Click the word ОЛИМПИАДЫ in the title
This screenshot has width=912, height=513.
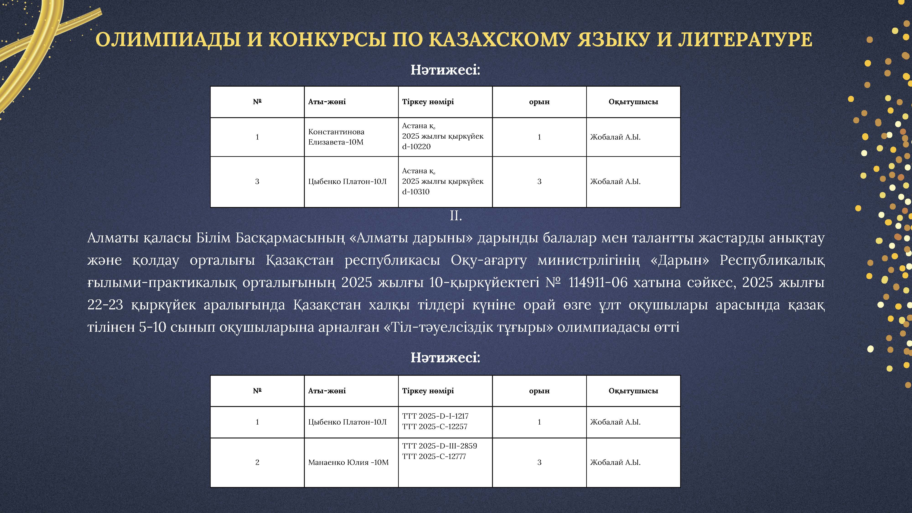168,40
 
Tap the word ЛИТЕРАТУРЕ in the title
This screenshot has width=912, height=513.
745,40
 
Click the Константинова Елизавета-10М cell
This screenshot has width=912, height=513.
336,137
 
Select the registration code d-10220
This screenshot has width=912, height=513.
416,147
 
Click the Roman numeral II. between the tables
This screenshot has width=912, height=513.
456,216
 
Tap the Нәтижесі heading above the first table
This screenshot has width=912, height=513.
445,70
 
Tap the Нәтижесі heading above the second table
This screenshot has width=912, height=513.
445,358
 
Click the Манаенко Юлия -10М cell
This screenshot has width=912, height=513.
348,462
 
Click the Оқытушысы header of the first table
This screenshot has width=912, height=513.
633,102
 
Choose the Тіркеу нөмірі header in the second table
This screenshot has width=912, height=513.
428,391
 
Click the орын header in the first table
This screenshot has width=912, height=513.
539,102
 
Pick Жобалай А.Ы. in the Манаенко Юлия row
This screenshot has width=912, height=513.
615,462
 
